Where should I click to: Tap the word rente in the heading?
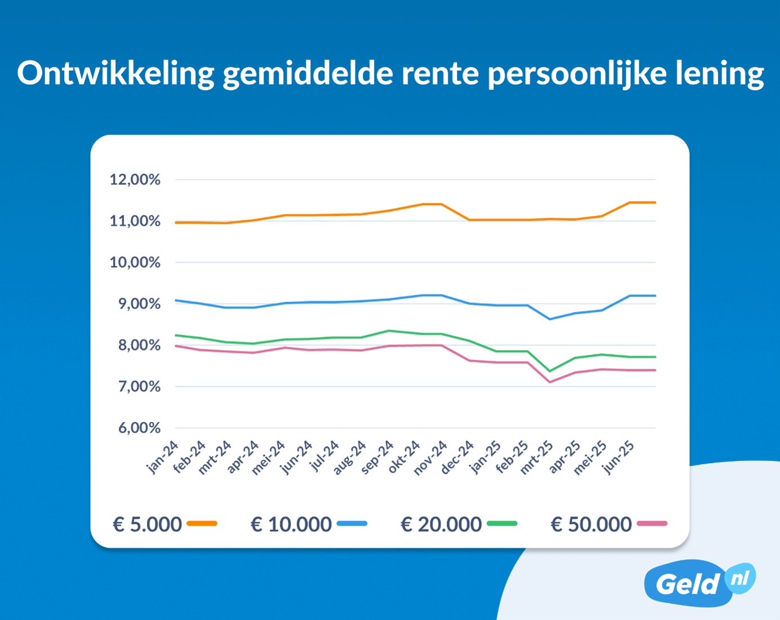440,74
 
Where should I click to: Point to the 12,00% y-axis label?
135,180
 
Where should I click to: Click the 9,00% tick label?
139,304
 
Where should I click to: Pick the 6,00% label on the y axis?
139,428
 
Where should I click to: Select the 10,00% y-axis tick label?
135,263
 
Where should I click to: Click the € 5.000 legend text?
147,524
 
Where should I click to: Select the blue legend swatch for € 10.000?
352,524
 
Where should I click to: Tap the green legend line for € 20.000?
502,524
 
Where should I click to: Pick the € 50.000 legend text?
591,524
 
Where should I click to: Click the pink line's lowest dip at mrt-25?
550,382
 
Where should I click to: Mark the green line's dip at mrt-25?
550,371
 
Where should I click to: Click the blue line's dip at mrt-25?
550,319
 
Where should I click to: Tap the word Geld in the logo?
688,584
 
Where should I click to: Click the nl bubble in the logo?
740,578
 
